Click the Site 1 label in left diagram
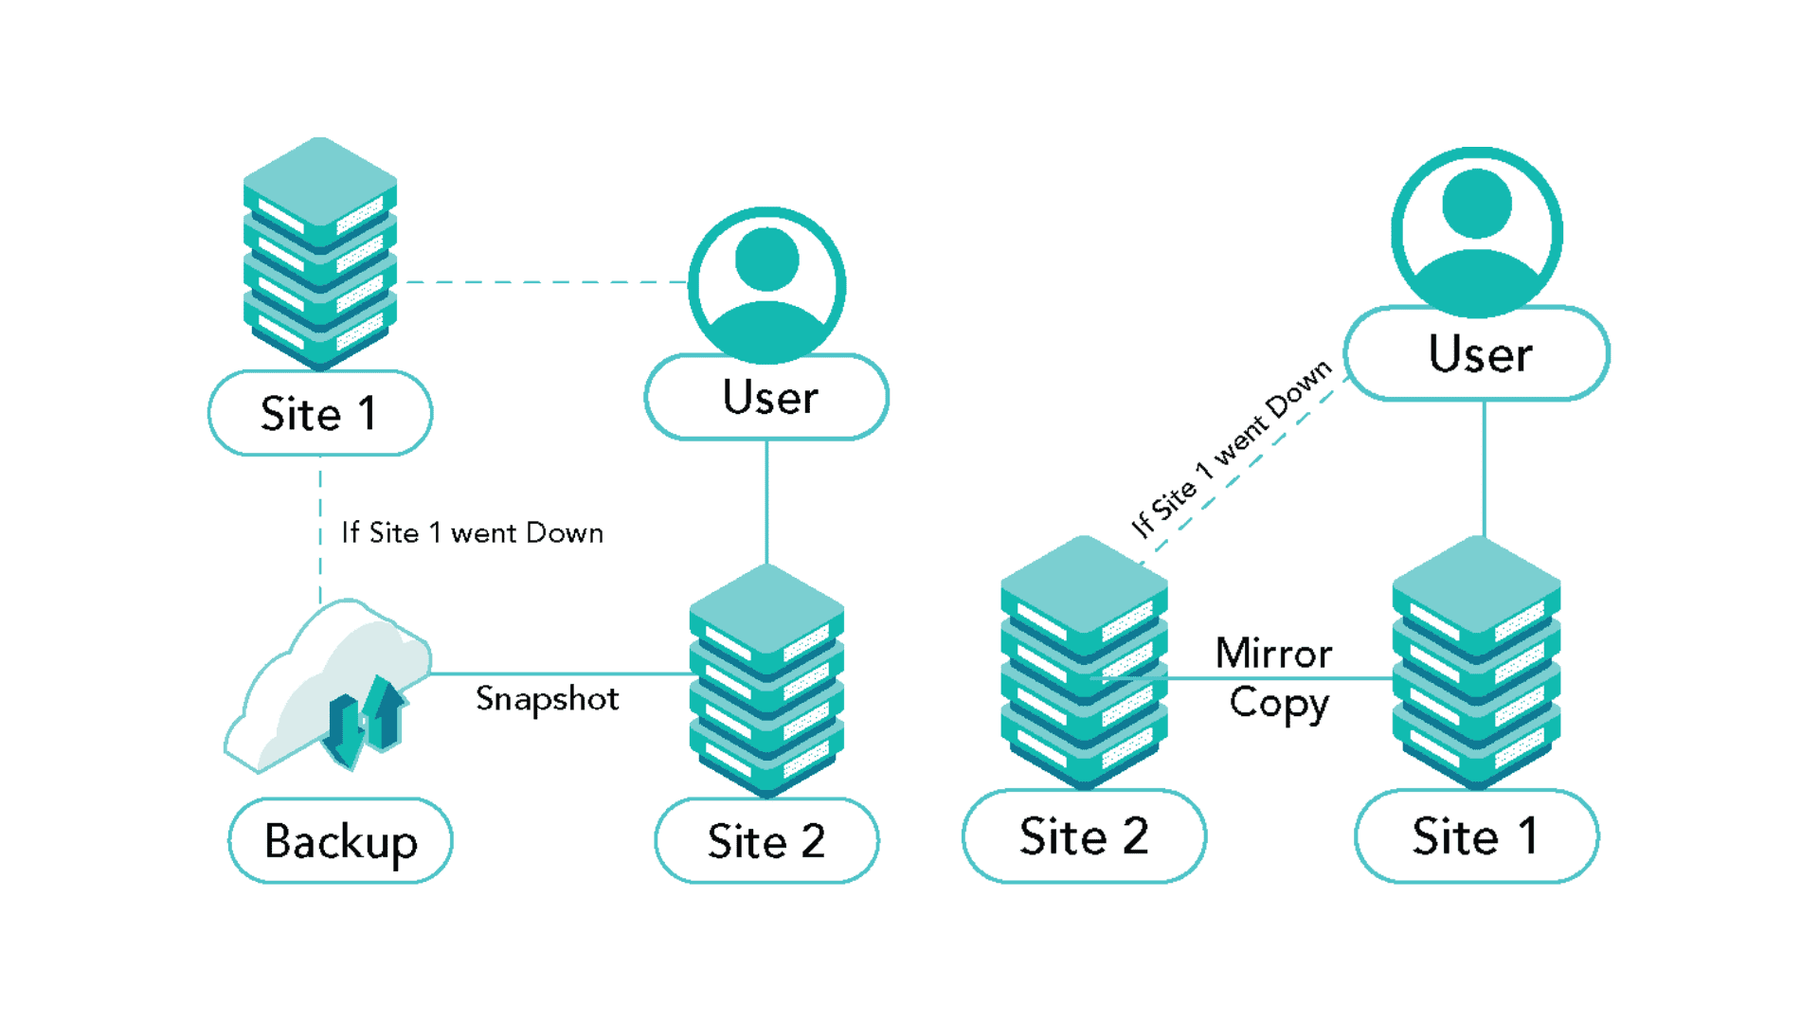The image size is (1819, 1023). tap(319, 414)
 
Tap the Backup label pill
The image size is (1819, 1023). tap(340, 841)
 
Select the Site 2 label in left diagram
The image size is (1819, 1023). tap(765, 841)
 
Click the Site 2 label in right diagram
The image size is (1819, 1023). tap(1084, 836)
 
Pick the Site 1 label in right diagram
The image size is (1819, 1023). tap(1476, 836)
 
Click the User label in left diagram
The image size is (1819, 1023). tap(768, 397)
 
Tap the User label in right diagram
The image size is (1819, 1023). tap(1479, 354)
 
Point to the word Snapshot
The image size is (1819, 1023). tap(547, 699)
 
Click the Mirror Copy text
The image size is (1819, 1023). tap(1275, 678)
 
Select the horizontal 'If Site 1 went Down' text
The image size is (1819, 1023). tap(472, 533)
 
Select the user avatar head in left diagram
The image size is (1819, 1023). tap(766, 260)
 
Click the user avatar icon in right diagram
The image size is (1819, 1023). tap(1476, 232)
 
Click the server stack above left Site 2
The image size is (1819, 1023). tap(766, 680)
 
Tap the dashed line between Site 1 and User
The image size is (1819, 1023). tap(545, 282)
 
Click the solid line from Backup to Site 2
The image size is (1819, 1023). tap(559, 673)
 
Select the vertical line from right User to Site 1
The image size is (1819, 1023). tap(1484, 469)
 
